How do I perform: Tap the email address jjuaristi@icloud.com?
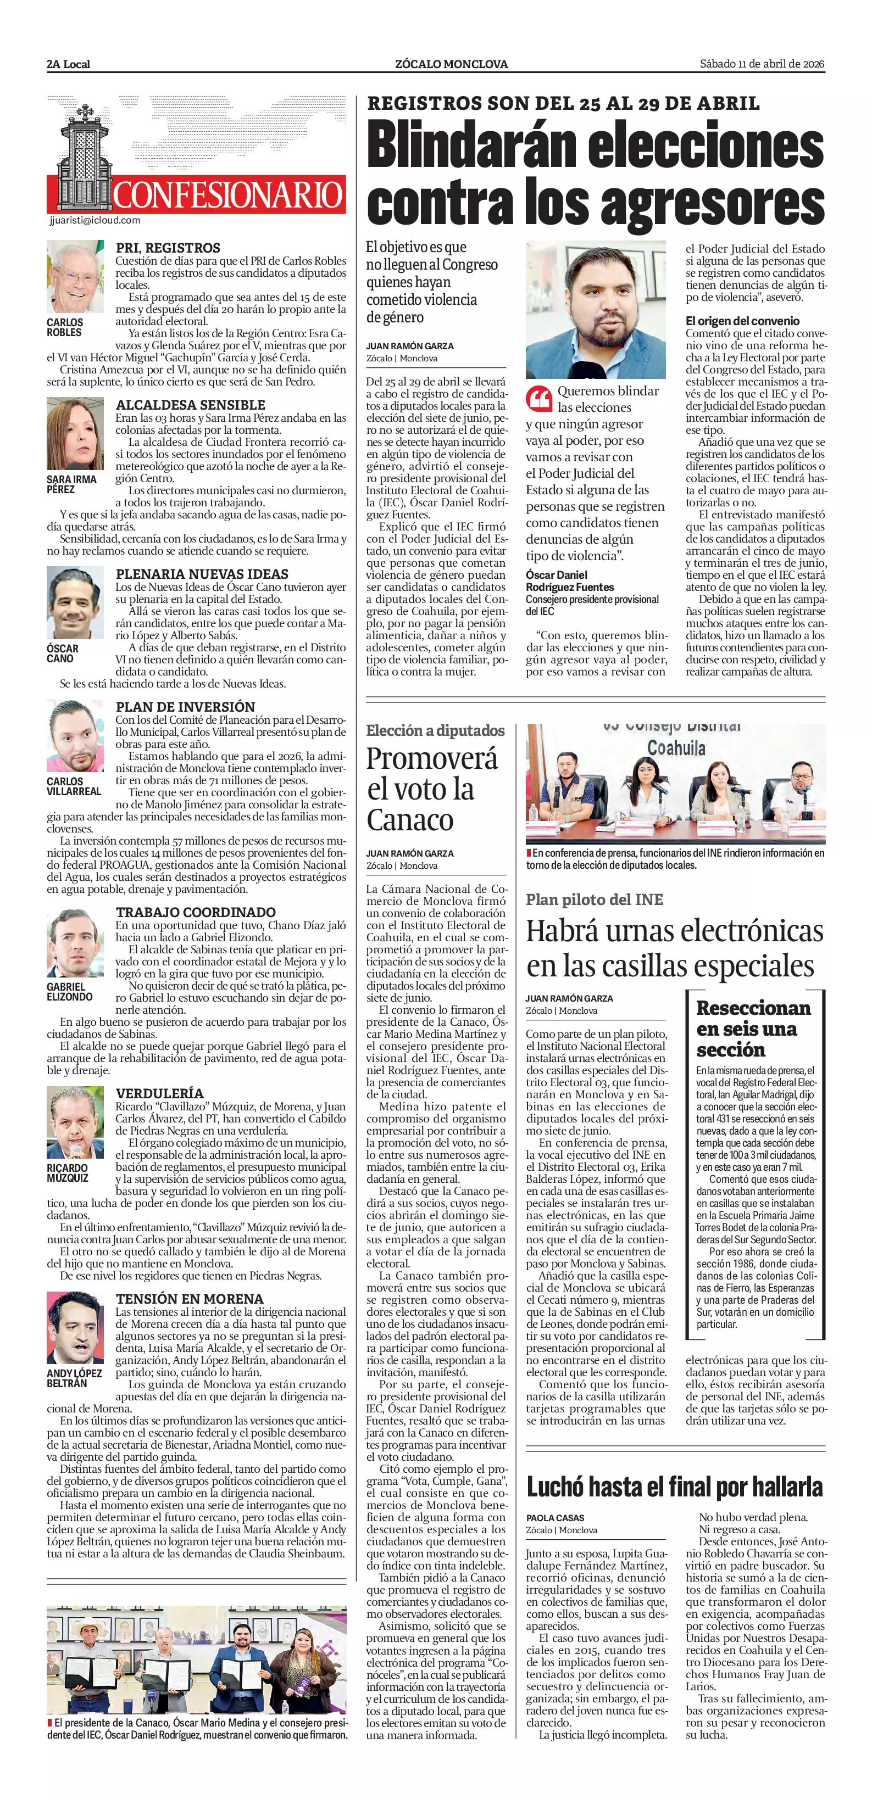[x=95, y=220]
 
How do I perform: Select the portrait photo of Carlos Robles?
[x=75, y=277]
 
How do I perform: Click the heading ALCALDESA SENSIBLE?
[x=190, y=404]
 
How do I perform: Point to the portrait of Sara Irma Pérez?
[x=75, y=434]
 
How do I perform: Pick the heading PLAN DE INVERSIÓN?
[x=185, y=706]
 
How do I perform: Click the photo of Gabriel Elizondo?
[x=75, y=943]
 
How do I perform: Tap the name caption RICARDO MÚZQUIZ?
[x=68, y=1172]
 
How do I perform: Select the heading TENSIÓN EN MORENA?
[x=190, y=1298]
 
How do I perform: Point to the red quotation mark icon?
[x=538, y=399]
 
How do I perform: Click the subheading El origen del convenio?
[x=742, y=321]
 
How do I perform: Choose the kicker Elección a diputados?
[x=435, y=730]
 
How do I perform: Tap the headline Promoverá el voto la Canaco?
[x=432, y=789]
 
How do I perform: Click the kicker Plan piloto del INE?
[x=594, y=900]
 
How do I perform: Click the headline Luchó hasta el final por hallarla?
[x=674, y=1486]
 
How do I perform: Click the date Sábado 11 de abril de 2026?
[x=762, y=64]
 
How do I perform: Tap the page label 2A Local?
[x=69, y=64]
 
